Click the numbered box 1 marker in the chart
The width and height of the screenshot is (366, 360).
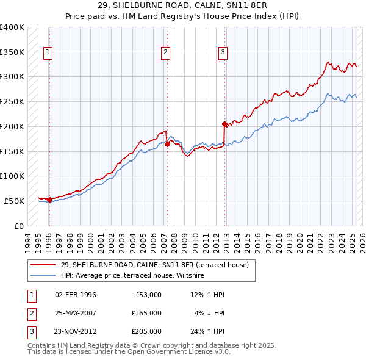click(x=48, y=52)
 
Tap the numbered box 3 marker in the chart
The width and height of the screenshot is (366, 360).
click(x=223, y=52)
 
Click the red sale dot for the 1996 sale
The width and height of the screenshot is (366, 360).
click(x=49, y=200)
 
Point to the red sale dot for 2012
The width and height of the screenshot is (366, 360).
click(x=224, y=124)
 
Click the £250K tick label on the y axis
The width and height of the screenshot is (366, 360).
click(x=12, y=101)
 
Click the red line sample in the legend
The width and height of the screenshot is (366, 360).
click(x=43, y=265)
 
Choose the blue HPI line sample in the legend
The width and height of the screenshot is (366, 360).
click(x=43, y=276)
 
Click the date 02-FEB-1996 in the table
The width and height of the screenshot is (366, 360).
click(x=76, y=295)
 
